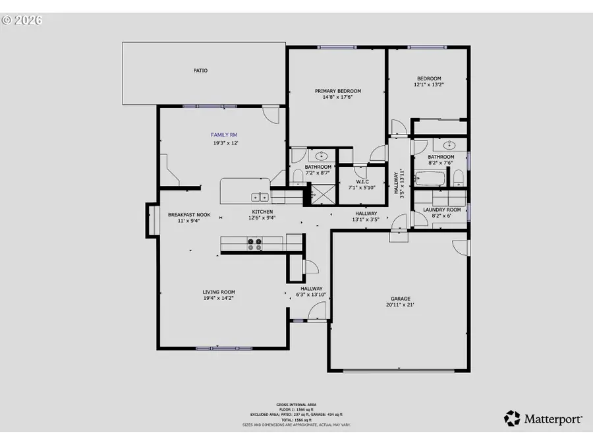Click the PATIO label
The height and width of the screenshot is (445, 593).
coord(200,70)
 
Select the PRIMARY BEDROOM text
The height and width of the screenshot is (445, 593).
coord(337,91)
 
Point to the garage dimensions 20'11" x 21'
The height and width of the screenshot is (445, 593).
coord(399,305)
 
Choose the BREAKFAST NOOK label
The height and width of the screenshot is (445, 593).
coord(189,214)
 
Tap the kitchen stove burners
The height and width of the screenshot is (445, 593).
coord(254,243)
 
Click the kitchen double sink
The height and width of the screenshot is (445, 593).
coord(260,196)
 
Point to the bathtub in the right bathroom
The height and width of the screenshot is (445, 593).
coord(432,178)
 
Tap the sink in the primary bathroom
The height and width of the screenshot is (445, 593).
coord(322,156)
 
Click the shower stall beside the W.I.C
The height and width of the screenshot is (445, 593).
coord(322,194)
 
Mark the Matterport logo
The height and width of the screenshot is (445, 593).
coord(544,418)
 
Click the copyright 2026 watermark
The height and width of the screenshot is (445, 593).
coord(22,20)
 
